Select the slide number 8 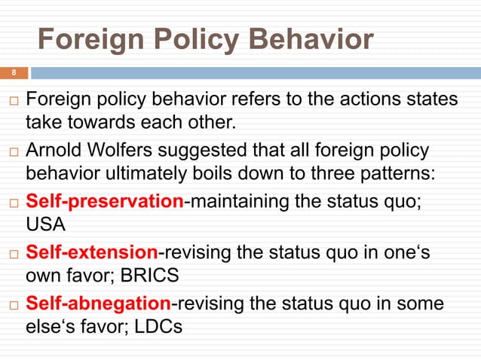click(13, 73)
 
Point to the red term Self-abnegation click(99, 303)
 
